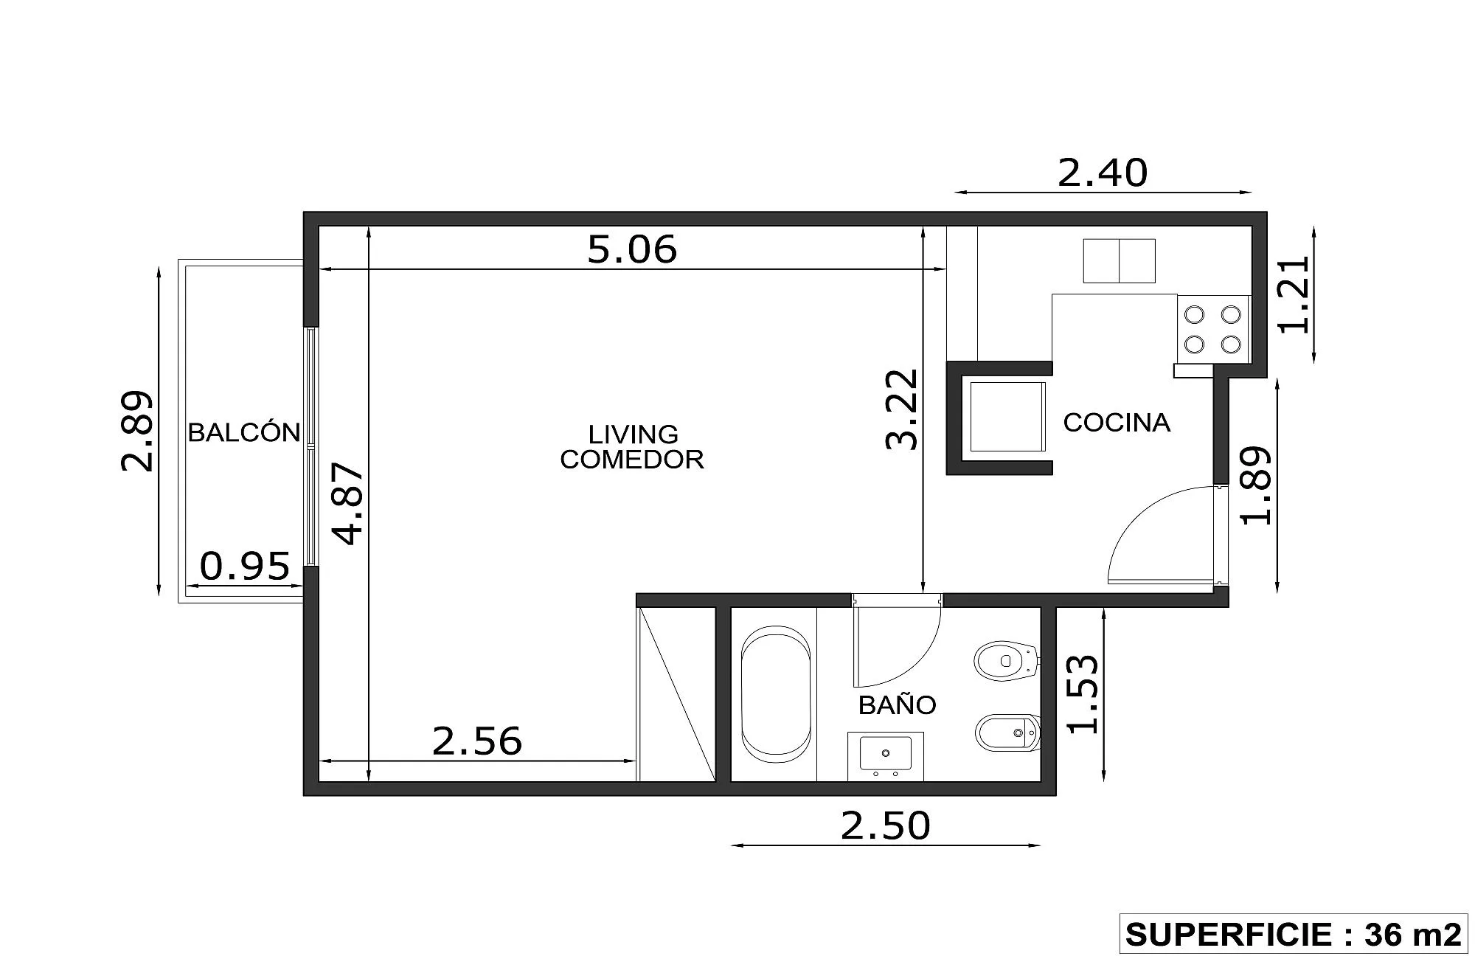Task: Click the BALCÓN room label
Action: click(244, 432)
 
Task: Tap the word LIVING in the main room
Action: click(633, 434)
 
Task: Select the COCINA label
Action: click(1117, 422)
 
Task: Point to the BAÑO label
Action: click(897, 705)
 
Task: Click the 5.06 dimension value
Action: click(632, 249)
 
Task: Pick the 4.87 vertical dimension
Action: click(348, 503)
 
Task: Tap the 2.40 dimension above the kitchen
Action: click(1103, 173)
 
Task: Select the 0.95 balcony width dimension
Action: click(245, 567)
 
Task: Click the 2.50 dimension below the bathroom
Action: click(886, 825)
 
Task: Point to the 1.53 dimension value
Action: click(1083, 695)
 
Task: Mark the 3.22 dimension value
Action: click(902, 409)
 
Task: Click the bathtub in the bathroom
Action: click(776, 694)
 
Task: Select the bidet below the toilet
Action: click(1007, 733)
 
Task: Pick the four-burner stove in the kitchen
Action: click(1213, 329)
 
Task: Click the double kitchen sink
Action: click(1119, 260)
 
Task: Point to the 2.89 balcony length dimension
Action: click(137, 432)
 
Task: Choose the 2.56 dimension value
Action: click(476, 741)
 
